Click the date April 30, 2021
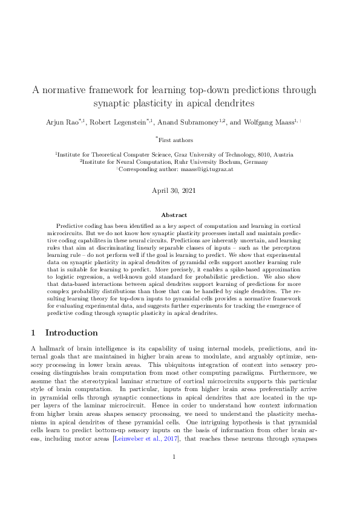click(x=179, y=191)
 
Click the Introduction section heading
click(x=71, y=333)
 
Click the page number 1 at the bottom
click(x=174, y=490)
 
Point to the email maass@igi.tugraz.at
click(x=210, y=170)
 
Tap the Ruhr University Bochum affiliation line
click(x=179, y=162)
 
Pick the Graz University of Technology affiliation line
click(x=179, y=154)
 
